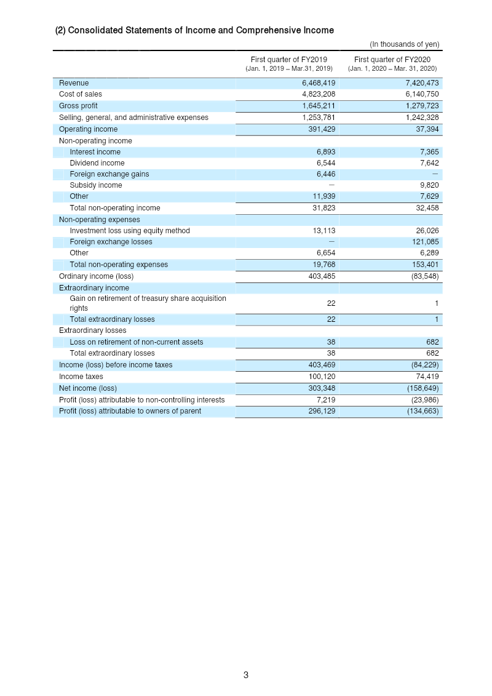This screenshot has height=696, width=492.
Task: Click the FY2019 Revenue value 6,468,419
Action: point(319,83)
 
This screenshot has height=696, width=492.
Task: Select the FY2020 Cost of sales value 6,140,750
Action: point(422,94)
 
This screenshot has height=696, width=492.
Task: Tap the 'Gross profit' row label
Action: point(78,106)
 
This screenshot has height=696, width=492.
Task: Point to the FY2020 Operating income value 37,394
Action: point(426,129)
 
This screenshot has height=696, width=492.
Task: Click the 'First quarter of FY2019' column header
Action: point(288,60)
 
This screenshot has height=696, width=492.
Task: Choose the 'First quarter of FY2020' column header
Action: point(392,60)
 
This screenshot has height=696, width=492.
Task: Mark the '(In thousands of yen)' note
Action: point(404,44)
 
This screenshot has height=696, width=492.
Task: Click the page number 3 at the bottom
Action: point(246,675)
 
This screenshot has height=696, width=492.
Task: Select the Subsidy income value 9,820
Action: point(429,185)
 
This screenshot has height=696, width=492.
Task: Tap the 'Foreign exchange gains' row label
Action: point(109,174)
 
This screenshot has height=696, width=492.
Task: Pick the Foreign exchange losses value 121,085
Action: point(424,242)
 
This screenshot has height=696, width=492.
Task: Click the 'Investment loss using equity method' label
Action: point(130,231)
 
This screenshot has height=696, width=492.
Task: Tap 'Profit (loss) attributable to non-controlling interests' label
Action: point(141,400)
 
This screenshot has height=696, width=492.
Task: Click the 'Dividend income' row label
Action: point(97,163)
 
